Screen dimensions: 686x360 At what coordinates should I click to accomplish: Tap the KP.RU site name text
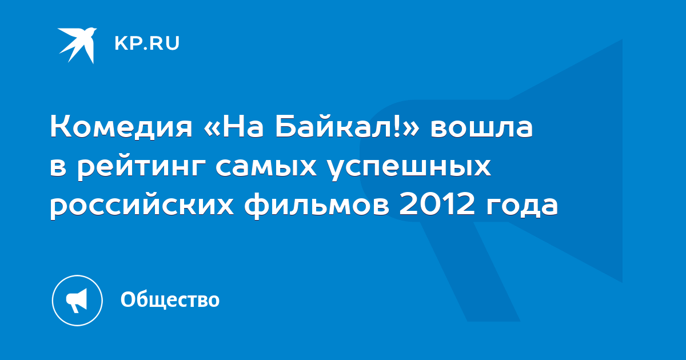coord(147,43)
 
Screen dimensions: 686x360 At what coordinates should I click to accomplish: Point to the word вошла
coord(482,127)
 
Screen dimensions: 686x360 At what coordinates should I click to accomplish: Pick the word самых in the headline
coord(266,167)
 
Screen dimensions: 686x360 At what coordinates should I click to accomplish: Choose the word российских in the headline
coord(142,206)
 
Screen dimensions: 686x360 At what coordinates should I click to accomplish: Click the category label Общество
coord(170,299)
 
